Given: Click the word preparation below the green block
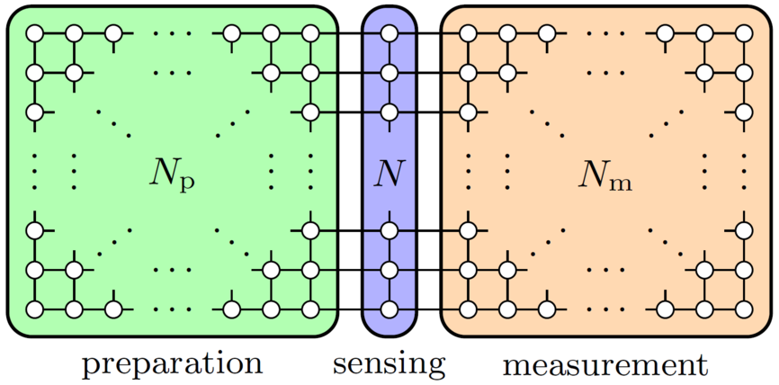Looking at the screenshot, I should point(172,364).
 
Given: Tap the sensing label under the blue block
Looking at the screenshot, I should point(389,364).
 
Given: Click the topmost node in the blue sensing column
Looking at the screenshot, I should point(389,33).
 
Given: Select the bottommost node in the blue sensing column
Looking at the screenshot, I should point(389,309).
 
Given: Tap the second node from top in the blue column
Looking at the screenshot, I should point(389,73).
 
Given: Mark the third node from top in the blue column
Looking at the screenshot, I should point(389,112).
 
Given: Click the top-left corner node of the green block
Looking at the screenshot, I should point(34,33).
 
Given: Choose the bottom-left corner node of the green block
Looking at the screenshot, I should point(34,309).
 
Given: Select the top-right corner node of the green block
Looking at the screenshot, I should point(310,33).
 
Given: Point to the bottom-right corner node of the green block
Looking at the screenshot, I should point(310,309).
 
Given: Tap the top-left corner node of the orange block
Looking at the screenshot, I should point(467,33).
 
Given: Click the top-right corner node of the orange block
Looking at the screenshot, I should point(743,33).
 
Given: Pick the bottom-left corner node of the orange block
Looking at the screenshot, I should point(467,309).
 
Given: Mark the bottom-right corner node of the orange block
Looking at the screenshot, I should point(743,309).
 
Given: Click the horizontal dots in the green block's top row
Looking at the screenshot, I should point(172,33).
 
